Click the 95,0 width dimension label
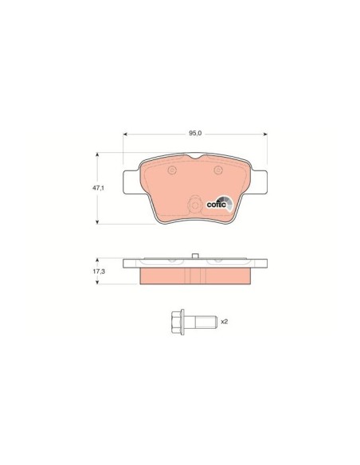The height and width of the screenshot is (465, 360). pos(195,134)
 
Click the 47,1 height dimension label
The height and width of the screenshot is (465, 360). pos(98,188)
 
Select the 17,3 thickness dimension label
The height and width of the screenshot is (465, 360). pos(99,271)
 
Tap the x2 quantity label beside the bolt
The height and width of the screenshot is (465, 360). pos(224,322)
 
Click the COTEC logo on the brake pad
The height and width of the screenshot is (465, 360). pos(220,204)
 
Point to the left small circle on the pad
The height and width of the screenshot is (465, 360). pos(172,170)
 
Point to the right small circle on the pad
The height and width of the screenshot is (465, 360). pos(218,170)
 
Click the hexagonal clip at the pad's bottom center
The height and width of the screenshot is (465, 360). pos(194,204)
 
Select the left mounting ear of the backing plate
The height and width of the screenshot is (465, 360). pos(131,182)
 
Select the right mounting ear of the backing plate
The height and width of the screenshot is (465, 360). pos(259,182)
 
